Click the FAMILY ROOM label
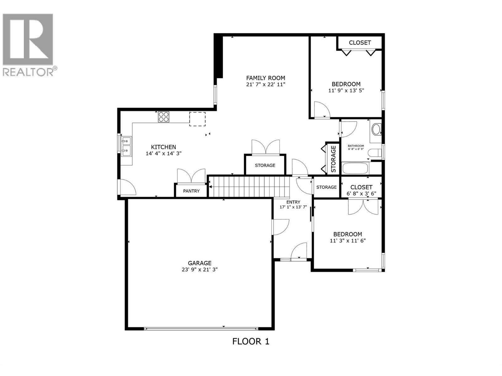click(265, 78)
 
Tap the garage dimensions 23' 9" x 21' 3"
click(200, 270)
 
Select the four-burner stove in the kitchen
click(163, 117)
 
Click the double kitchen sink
click(127, 146)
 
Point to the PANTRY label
click(191, 191)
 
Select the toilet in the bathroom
click(375, 153)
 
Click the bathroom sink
click(376, 129)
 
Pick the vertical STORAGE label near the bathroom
click(333, 159)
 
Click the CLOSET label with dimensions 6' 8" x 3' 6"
click(361, 187)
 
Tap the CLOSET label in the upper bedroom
click(360, 43)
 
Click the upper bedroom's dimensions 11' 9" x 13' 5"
click(346, 91)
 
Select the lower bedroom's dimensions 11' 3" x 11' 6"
click(348, 241)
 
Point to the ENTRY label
click(293, 202)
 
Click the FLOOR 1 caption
click(251, 341)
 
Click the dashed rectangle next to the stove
click(197, 119)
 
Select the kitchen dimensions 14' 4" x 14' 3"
click(163, 154)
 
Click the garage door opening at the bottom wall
click(201, 329)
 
